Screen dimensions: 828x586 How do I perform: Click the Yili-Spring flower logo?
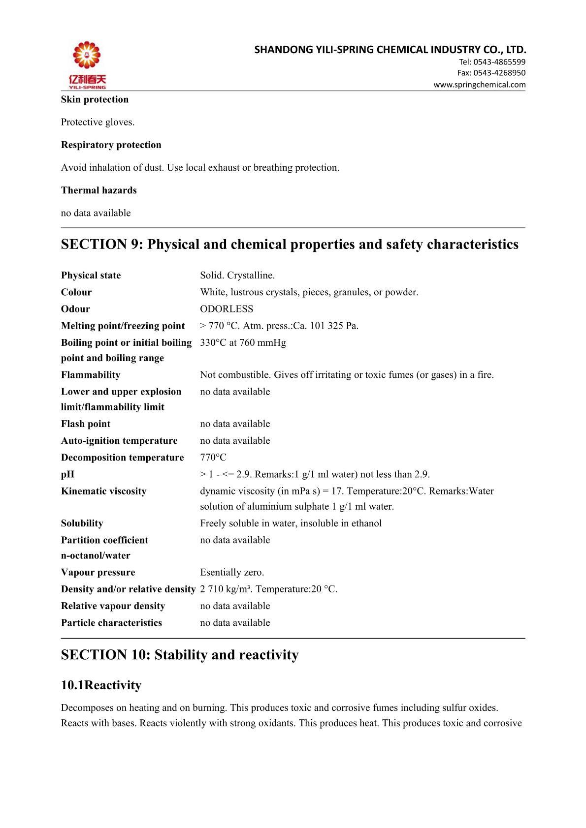[87, 61]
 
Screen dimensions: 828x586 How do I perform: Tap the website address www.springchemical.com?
[479, 85]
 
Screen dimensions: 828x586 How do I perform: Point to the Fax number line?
[491, 73]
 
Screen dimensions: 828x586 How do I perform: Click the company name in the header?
[390, 50]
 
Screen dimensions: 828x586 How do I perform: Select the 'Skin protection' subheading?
[95, 99]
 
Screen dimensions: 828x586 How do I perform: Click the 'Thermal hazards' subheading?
[98, 190]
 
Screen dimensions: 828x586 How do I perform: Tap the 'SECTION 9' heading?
[289, 245]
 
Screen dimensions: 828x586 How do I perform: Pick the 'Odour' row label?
[75, 309]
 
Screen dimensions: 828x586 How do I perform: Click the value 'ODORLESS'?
[227, 309]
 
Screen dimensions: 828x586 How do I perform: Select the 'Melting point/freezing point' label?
[123, 326]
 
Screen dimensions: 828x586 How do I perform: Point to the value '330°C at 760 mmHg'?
[243, 342]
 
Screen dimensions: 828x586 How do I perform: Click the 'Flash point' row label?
[86, 424]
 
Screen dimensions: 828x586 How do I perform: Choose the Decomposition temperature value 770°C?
[213, 458]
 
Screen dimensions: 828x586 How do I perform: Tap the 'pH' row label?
[67, 474]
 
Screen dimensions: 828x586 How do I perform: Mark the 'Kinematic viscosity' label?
[103, 491]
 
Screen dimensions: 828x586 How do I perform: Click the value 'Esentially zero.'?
[232, 572]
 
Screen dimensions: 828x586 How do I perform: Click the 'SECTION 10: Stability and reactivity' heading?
[180, 655]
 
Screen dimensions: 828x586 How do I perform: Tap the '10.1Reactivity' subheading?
[101, 685]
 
